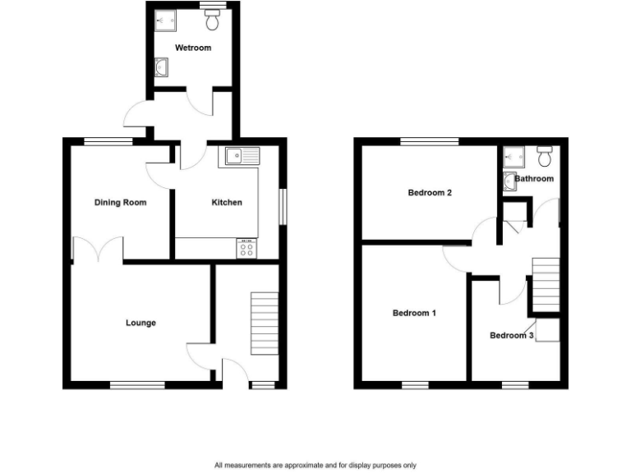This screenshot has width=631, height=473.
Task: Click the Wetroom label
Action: (193, 48)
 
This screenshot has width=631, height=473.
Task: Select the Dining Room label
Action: (120, 202)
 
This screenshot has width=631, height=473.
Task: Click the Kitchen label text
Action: (227, 202)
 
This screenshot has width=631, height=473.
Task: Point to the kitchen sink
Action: (238, 155)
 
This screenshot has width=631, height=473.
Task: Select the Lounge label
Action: (140, 323)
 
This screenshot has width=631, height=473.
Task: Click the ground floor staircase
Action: (264, 324)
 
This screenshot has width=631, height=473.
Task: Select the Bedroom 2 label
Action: (431, 193)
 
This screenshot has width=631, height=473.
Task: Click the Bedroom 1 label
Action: (414, 313)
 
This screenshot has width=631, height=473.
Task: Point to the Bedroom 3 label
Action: (512, 335)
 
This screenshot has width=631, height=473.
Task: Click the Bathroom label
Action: (534, 178)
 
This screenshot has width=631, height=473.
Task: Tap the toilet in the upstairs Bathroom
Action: (543, 155)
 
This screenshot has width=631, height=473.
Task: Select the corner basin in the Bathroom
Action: (510, 181)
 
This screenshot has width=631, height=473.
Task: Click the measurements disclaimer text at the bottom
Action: (315, 465)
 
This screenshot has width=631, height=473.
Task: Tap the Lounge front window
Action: (137, 384)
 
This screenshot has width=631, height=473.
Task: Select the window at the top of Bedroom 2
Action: (430, 141)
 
